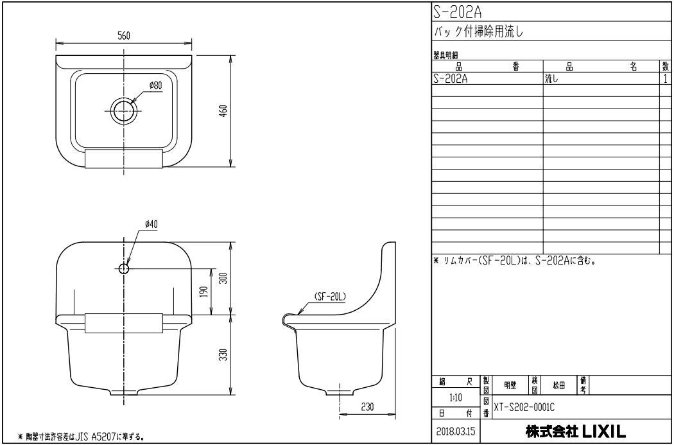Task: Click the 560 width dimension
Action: (125, 36)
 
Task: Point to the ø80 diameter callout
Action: (155, 85)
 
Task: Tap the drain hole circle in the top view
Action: (123, 110)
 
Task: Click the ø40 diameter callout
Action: (151, 223)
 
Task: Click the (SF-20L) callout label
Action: (331, 296)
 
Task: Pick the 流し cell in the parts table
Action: (552, 78)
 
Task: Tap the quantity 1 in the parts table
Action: (666, 78)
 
